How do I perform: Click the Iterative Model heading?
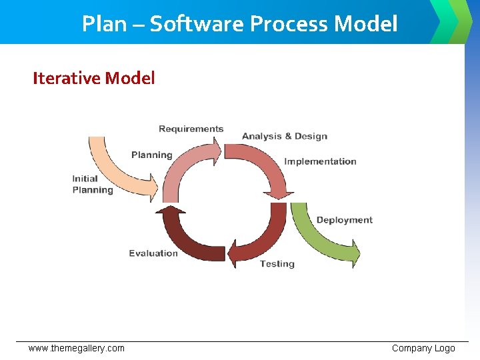click(93, 78)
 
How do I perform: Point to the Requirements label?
click(191, 129)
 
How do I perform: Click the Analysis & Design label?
click(285, 136)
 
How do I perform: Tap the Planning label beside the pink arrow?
click(151, 155)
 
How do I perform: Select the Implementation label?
click(320, 161)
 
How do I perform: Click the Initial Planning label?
click(92, 184)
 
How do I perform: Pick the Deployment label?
click(344, 220)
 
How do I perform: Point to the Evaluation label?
click(153, 253)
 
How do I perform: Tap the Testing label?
click(277, 263)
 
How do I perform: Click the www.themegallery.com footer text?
click(76, 348)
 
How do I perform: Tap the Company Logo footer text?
click(423, 348)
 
